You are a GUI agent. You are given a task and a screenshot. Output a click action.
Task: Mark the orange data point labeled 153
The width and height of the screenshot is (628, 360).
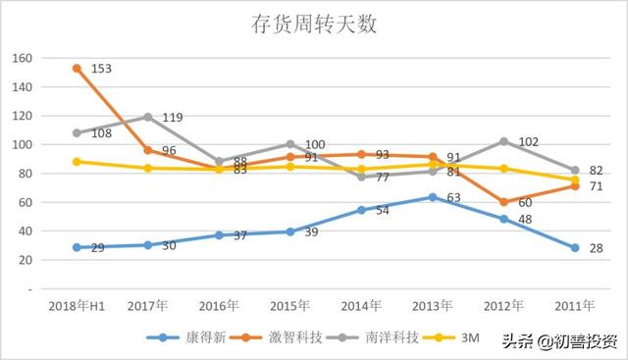click(x=76, y=68)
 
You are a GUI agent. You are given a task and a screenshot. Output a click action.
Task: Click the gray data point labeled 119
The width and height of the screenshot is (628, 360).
click(x=147, y=117)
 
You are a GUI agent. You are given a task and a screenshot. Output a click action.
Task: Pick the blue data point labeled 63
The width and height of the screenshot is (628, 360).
click(x=433, y=197)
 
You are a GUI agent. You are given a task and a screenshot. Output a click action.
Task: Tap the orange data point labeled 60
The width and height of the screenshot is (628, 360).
click(x=504, y=202)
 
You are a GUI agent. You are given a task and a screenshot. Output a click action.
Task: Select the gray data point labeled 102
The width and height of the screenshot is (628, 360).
click(x=504, y=141)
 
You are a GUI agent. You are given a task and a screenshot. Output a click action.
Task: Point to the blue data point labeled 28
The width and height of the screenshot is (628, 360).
click(x=576, y=248)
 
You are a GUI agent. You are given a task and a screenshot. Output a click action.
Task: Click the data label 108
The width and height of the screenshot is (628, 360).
click(x=100, y=131)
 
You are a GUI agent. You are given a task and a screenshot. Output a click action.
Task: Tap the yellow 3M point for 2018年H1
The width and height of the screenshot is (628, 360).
click(x=76, y=162)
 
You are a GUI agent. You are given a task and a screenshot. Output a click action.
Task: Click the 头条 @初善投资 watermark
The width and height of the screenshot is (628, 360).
click(x=560, y=341)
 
